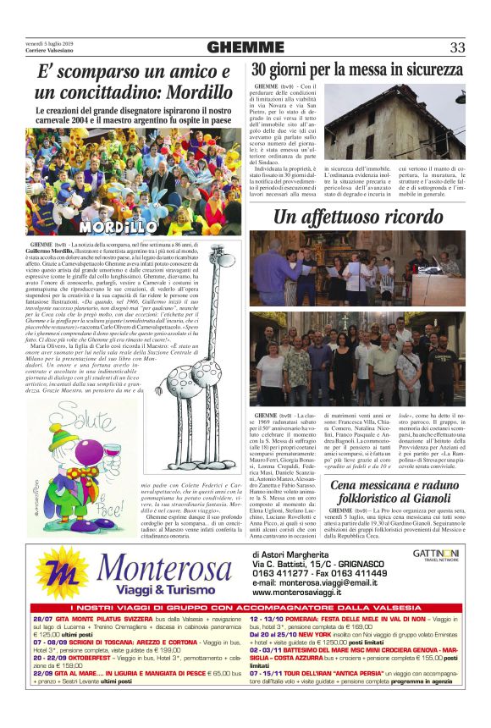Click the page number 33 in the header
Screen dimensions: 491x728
click(457, 47)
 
